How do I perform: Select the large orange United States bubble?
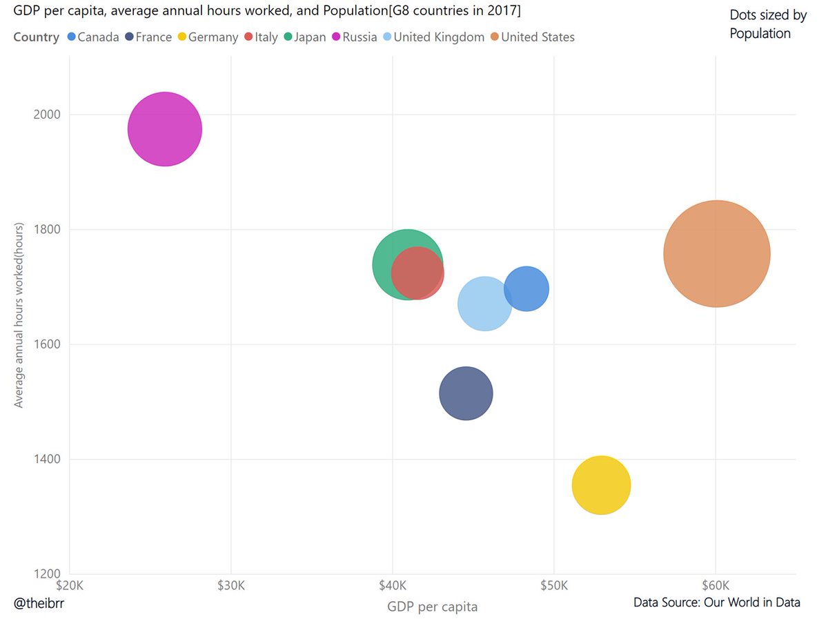(x=717, y=253)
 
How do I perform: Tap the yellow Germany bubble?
(x=601, y=485)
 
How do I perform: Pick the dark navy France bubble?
(x=466, y=393)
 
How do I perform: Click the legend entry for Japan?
(x=304, y=37)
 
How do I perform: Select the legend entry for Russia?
(x=354, y=37)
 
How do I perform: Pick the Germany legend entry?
(x=207, y=37)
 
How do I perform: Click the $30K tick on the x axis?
(x=230, y=586)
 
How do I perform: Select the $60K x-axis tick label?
(x=716, y=586)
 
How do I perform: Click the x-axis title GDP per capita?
(x=432, y=607)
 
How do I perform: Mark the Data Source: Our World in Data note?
(x=717, y=602)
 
